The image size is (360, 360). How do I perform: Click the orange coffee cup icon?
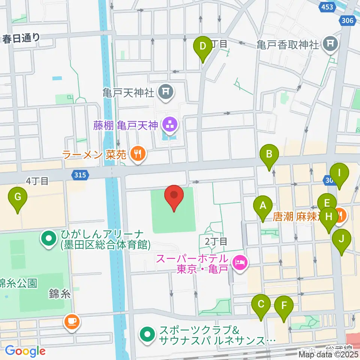71,322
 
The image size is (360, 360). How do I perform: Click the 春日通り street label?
21,38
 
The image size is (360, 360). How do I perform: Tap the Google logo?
25,351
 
